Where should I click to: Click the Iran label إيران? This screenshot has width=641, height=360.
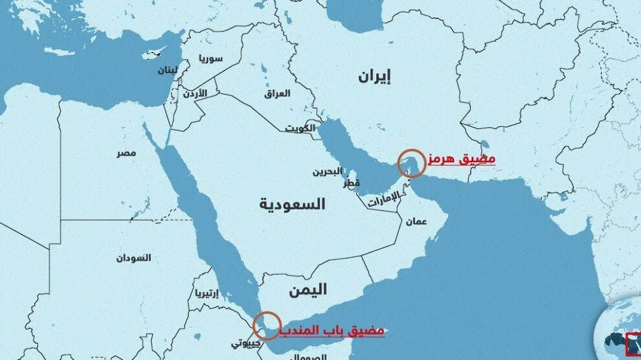coord(376,77)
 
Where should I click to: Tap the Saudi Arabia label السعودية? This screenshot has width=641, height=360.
coord(293,205)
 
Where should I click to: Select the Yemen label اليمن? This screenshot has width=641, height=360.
coord(308,289)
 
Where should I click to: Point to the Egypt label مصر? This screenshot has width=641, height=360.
coord(126,153)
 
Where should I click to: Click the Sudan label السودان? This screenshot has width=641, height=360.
coord(133,258)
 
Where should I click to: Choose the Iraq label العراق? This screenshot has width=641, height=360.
coord(277,94)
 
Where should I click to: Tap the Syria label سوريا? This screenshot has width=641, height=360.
coord(210,58)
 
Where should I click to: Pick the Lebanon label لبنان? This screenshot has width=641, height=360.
coord(166,70)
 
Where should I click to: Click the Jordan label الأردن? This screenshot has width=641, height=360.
coord(193,94)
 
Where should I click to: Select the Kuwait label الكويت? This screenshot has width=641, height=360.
coord(300,128)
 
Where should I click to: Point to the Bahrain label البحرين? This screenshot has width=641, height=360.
coord(328,172)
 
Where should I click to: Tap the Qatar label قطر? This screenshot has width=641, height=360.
coord(352,183)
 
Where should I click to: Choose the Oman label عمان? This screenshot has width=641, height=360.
coord(416,221)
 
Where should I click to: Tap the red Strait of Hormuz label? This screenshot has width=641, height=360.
coord(461,159)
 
